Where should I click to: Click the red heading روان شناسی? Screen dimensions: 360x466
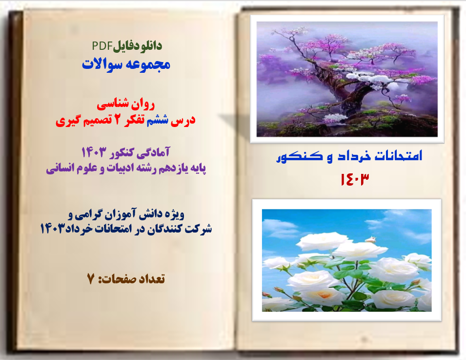coord(126,104)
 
